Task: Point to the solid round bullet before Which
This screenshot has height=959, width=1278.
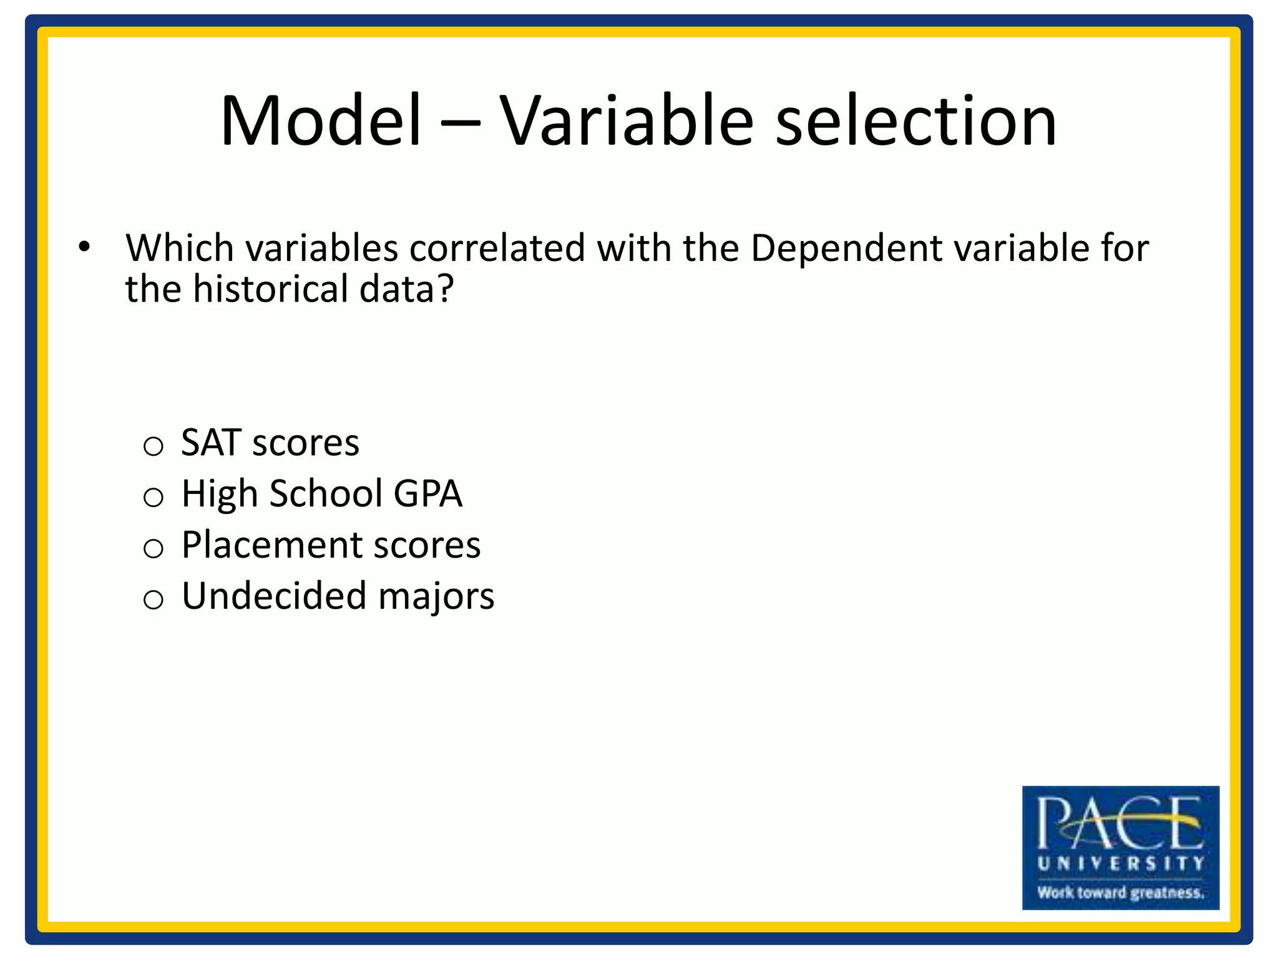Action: coord(84,247)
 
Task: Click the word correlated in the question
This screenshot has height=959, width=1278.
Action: coord(497,248)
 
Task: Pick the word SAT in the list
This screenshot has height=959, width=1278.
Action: coord(211,443)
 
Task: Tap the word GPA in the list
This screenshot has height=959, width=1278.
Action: coord(427,494)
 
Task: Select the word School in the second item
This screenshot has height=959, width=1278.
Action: coord(326,494)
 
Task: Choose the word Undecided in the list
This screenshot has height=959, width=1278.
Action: coord(273,596)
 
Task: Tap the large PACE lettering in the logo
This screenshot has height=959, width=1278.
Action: coord(1119,823)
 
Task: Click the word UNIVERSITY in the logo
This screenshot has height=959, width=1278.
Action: coord(1120,863)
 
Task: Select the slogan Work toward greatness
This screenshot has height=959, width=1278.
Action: coord(1120,892)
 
